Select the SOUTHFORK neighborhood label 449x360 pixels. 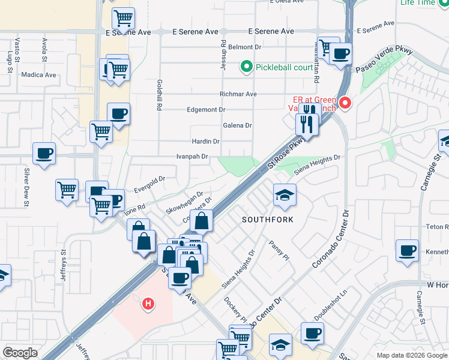click(268, 220)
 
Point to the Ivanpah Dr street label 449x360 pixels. click(192, 157)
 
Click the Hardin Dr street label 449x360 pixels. click(205, 142)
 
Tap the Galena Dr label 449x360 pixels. click(237, 125)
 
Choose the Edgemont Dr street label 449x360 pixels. click(206, 110)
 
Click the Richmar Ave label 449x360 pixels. click(238, 94)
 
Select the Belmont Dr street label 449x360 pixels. click(246, 47)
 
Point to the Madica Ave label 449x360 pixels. click(38, 75)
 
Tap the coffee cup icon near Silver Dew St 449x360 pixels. click(44, 154)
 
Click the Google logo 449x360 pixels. click(20, 353)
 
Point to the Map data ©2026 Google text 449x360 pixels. click(411, 355)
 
